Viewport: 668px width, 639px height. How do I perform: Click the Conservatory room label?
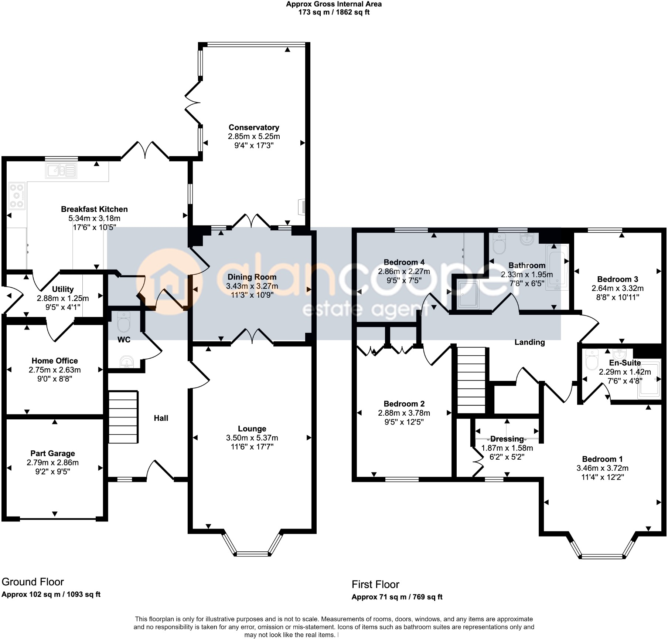(254, 128)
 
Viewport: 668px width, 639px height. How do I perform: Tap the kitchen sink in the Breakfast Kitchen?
(61, 171)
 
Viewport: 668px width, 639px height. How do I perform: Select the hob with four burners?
(17, 196)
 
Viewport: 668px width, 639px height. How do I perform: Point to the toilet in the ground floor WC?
(123, 322)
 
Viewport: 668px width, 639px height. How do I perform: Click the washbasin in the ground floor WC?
(127, 362)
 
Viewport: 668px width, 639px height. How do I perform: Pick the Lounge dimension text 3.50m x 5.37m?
(252, 438)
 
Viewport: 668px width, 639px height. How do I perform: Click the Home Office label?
(55, 361)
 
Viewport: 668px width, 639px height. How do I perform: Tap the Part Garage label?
(52, 453)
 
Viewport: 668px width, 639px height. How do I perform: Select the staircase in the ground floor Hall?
(123, 417)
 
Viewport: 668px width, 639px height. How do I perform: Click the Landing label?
(529, 342)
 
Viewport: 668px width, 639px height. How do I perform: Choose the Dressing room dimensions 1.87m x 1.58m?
(507, 448)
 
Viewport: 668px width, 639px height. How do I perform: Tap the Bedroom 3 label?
(617, 279)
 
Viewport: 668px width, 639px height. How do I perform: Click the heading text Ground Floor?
(33, 582)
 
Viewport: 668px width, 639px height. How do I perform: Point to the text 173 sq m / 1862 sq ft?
(334, 12)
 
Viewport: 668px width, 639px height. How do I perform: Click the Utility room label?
(62, 289)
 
